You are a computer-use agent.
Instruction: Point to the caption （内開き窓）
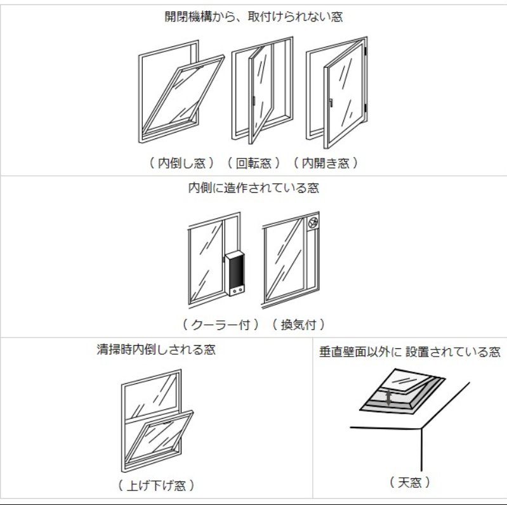[x=326, y=163]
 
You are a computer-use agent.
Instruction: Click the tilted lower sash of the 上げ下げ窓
[x=159, y=438]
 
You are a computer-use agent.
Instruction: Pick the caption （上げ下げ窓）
[x=156, y=485]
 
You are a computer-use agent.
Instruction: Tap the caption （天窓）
[x=409, y=482]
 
